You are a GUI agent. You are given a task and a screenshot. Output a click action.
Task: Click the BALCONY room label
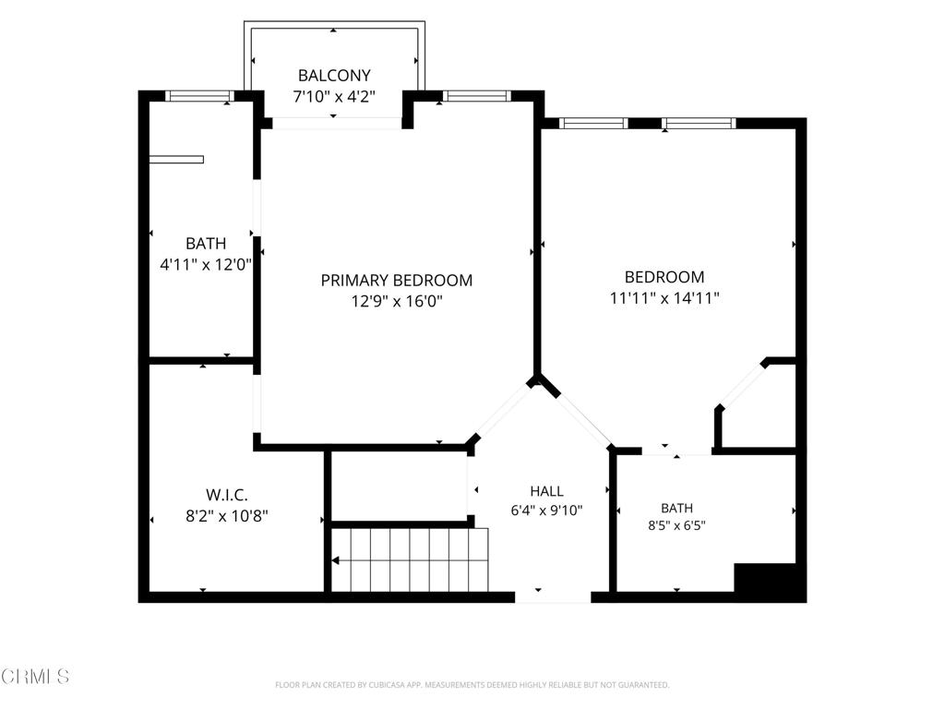coord(334,76)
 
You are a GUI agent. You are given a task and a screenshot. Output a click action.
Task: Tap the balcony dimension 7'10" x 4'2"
coord(334,96)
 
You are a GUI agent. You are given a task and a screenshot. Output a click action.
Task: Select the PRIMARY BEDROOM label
coord(397,280)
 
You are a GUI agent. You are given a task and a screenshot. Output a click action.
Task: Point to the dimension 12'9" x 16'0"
coord(397,300)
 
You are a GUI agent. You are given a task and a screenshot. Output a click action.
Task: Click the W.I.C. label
coord(227,495)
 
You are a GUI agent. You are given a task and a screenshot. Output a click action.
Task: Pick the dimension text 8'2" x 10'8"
coord(227,516)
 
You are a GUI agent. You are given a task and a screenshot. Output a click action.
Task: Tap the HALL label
coord(546,491)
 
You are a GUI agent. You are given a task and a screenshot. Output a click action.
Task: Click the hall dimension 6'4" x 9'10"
coord(546,511)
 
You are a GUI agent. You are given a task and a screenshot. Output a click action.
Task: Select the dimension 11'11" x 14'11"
coord(664,297)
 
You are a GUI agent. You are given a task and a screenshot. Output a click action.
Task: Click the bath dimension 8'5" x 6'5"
coord(676,525)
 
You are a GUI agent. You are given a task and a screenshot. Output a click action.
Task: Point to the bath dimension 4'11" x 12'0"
coord(206,264)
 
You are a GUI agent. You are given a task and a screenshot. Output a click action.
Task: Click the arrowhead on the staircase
coord(335,560)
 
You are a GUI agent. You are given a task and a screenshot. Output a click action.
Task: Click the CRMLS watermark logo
coord(35,676)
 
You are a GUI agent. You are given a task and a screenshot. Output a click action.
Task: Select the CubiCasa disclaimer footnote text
coord(472,685)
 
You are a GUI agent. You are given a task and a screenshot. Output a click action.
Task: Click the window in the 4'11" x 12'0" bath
coord(199,96)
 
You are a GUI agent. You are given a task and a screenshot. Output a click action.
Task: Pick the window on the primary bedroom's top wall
coord(477,96)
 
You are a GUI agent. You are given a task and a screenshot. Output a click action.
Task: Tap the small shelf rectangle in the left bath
coord(176,159)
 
